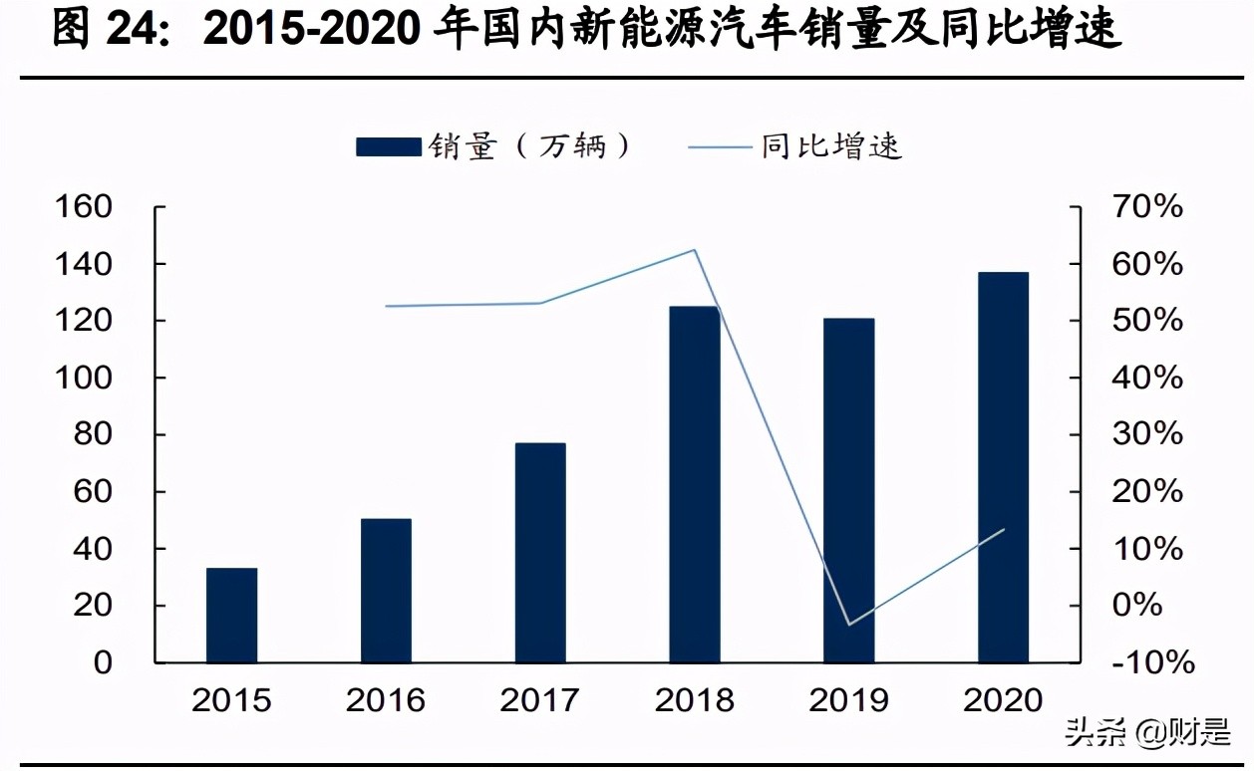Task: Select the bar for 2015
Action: tap(231, 615)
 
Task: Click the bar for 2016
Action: tap(386, 590)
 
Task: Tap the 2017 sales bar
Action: tap(540, 552)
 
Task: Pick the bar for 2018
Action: tap(694, 484)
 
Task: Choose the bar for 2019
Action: tap(848, 490)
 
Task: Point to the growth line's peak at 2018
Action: tap(694, 250)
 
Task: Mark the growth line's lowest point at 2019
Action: tap(848, 625)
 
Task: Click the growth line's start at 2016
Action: tap(386, 306)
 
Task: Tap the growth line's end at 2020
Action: tap(1003, 529)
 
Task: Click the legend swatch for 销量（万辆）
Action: tap(388, 147)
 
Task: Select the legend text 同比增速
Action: tap(831, 147)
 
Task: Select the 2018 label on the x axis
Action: tap(694, 699)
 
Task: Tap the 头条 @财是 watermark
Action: tap(1147, 735)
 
